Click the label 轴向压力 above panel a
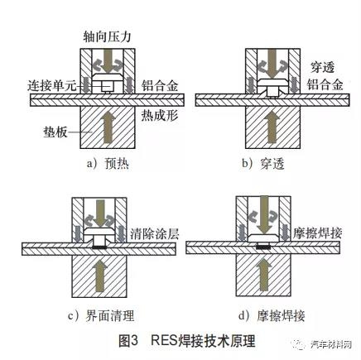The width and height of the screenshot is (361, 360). point(107,36)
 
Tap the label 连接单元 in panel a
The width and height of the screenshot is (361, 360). point(51,86)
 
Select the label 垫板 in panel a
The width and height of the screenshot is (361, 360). point(55,132)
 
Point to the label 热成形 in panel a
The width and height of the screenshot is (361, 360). point(160,115)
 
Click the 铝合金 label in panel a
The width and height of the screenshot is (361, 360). point(160,86)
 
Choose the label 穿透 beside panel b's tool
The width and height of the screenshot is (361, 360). point(323,67)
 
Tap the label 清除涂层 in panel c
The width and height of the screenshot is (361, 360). point(155,234)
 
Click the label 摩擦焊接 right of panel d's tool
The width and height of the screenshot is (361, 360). point(318,233)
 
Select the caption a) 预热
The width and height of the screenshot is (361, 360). point(108,164)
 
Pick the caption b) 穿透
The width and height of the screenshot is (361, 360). point(263,164)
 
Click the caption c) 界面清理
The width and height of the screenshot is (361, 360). point(101,316)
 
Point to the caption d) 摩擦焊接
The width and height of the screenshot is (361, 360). point(272,316)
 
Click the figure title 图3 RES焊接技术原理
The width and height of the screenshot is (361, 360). point(187,341)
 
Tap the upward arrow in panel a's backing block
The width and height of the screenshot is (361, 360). point(107,128)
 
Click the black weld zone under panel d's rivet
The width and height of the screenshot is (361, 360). point(263,247)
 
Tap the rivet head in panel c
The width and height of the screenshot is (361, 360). point(99,232)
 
